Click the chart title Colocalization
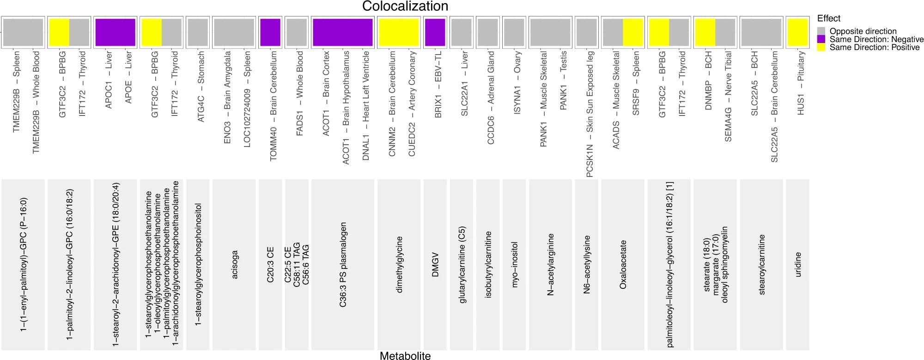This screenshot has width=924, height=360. (x=405, y=6)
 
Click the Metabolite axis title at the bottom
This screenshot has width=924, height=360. (x=405, y=355)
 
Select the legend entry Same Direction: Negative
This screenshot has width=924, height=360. (x=876, y=39)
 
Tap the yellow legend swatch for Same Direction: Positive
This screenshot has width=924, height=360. (x=821, y=47)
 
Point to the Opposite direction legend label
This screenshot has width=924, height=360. (x=863, y=31)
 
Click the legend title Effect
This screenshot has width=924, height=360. (x=828, y=18)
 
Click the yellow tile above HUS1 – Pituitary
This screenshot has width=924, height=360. (x=797, y=32)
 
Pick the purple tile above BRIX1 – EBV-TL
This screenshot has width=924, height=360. (x=435, y=32)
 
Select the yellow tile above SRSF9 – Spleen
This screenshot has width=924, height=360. (x=633, y=32)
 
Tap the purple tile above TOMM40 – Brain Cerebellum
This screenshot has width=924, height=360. (x=270, y=32)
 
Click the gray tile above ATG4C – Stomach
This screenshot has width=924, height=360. (x=197, y=32)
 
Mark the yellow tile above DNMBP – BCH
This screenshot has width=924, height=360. (x=705, y=32)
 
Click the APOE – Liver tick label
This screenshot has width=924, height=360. (x=129, y=77)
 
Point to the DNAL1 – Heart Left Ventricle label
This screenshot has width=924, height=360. (x=366, y=105)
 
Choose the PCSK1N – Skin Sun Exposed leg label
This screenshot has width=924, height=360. (x=590, y=114)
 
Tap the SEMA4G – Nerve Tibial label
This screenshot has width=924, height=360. (x=729, y=96)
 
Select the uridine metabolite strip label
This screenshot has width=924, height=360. (x=797, y=264)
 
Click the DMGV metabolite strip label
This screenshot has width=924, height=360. (x=435, y=264)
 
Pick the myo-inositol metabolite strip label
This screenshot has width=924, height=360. (x=515, y=264)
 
